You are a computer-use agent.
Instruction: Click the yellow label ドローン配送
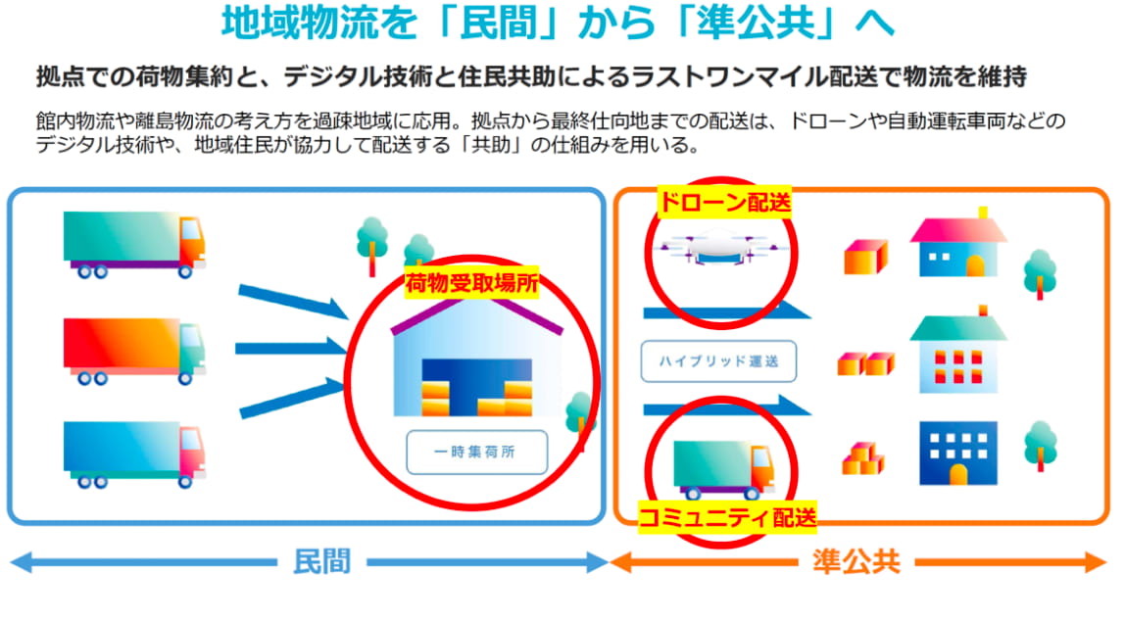click(x=724, y=203)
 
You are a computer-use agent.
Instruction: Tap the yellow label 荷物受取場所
click(x=471, y=283)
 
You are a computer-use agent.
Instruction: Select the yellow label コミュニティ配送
click(x=727, y=517)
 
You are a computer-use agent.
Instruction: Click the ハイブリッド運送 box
click(x=718, y=360)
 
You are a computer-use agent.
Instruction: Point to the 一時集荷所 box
click(x=476, y=452)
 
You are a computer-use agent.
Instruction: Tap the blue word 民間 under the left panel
click(x=321, y=561)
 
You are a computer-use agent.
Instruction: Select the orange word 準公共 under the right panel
click(x=856, y=561)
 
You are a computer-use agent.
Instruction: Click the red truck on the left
click(x=134, y=351)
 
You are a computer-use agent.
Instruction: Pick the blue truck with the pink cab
click(x=134, y=454)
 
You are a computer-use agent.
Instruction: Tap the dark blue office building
click(x=957, y=454)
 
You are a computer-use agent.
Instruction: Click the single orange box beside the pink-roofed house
click(x=865, y=257)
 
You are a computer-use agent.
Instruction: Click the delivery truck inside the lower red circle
click(x=723, y=470)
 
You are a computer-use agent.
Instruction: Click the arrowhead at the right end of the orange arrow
click(x=1097, y=562)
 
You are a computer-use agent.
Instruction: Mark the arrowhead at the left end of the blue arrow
click(x=22, y=562)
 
